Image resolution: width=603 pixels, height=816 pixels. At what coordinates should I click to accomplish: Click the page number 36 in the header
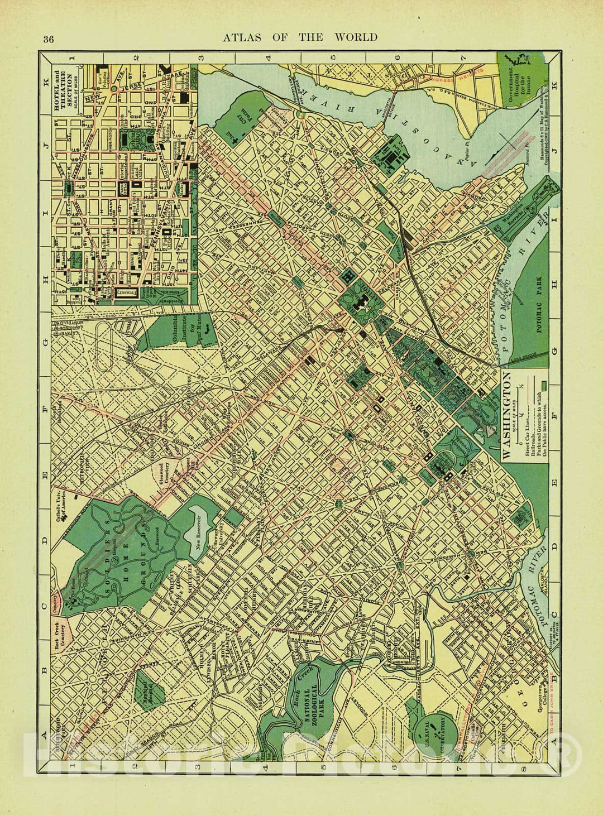click(49, 39)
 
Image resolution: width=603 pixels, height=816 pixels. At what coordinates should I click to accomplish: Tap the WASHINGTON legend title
click(507, 416)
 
